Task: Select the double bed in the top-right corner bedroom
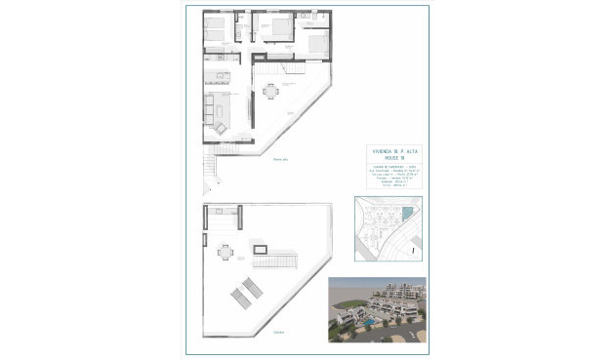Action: click(319, 42)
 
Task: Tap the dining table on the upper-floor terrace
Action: click(270, 92)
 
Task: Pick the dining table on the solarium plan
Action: click(226, 253)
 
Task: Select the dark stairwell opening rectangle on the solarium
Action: click(262, 250)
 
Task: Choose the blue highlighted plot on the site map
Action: click(407, 214)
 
